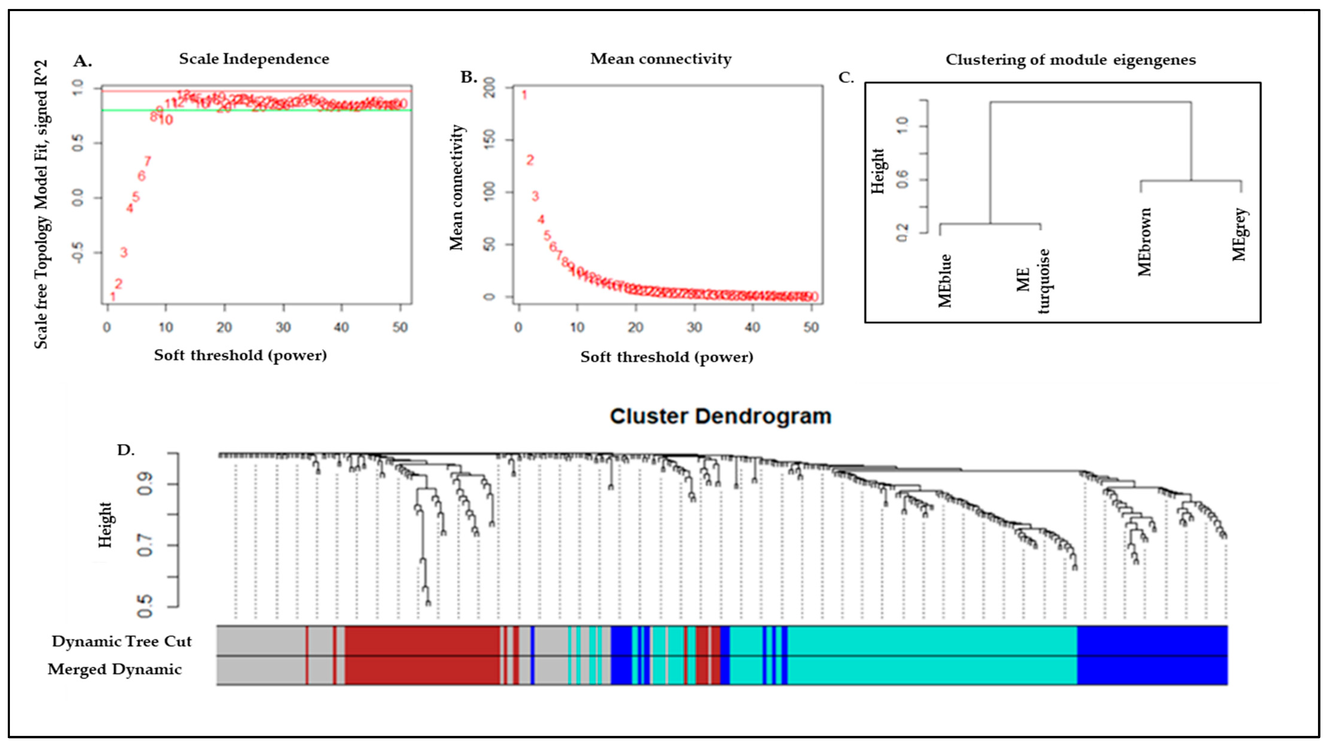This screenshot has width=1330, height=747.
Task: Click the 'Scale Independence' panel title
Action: [x=254, y=59]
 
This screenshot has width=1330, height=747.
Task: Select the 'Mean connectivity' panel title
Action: [x=661, y=59]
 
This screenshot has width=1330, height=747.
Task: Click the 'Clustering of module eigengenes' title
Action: [x=1070, y=60]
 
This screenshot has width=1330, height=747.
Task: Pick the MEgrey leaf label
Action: [x=1239, y=235]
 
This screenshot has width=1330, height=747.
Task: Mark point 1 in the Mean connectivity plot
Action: [x=524, y=95]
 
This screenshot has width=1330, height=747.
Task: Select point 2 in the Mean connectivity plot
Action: [x=530, y=160]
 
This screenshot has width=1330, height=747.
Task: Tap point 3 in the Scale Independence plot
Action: [x=124, y=252]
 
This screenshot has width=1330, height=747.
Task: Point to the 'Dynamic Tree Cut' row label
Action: [x=122, y=641]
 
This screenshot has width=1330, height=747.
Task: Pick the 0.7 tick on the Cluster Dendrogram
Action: [x=146, y=545]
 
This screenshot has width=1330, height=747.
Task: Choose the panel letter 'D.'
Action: [x=125, y=450]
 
